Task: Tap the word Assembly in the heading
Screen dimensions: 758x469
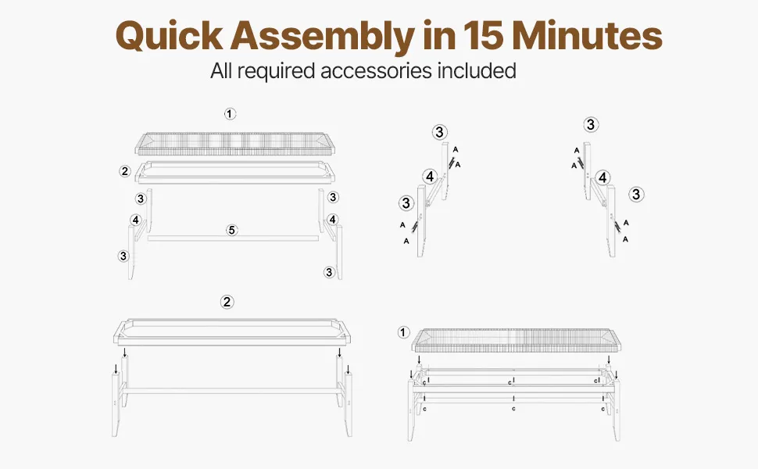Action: click(323, 36)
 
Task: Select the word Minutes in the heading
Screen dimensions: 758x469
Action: click(587, 36)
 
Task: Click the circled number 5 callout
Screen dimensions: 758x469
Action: click(232, 230)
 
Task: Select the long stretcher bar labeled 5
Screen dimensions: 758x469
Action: click(234, 238)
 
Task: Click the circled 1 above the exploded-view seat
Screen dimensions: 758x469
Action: click(230, 114)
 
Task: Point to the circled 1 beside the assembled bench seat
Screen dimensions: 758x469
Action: click(404, 333)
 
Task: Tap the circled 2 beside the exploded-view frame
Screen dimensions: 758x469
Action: click(125, 171)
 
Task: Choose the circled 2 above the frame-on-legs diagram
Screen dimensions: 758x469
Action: click(227, 303)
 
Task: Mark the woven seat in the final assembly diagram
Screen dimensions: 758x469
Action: click(517, 340)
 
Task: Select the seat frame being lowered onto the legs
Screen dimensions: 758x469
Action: click(233, 332)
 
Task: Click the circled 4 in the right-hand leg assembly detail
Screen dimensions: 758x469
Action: click(602, 178)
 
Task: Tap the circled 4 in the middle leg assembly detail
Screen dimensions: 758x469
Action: click(431, 177)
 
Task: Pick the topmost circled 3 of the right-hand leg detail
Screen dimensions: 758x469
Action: click(591, 125)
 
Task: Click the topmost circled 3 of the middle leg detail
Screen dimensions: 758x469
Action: click(439, 132)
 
